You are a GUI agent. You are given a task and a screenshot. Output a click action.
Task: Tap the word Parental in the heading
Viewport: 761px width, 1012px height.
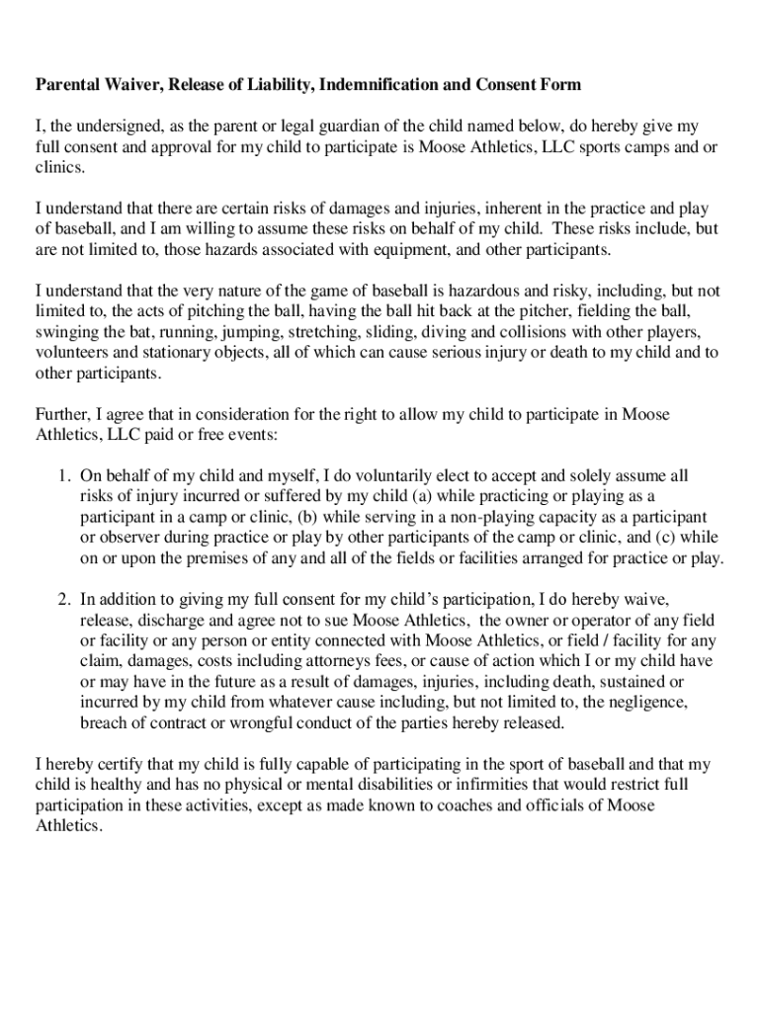68,85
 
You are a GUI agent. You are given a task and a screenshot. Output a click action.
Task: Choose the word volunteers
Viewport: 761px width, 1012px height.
73,354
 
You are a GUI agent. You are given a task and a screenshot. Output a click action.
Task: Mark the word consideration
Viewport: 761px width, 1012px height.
238,415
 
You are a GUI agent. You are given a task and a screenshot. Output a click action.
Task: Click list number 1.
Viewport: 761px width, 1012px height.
62,476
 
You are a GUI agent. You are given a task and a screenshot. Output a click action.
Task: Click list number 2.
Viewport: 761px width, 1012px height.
62,599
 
